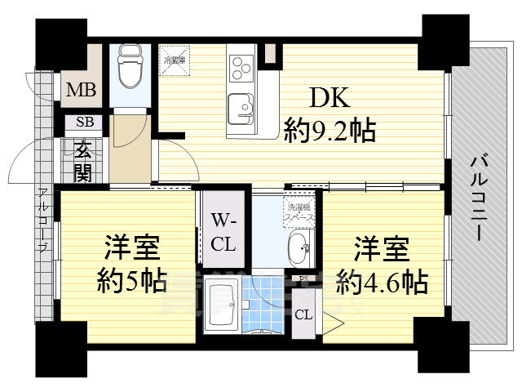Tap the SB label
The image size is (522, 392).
click(84, 123)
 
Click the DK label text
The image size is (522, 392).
click(329, 99)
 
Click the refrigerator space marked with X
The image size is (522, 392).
click(174, 59)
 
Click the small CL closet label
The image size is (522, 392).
click(303, 314)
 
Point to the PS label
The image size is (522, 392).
click(303, 280)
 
